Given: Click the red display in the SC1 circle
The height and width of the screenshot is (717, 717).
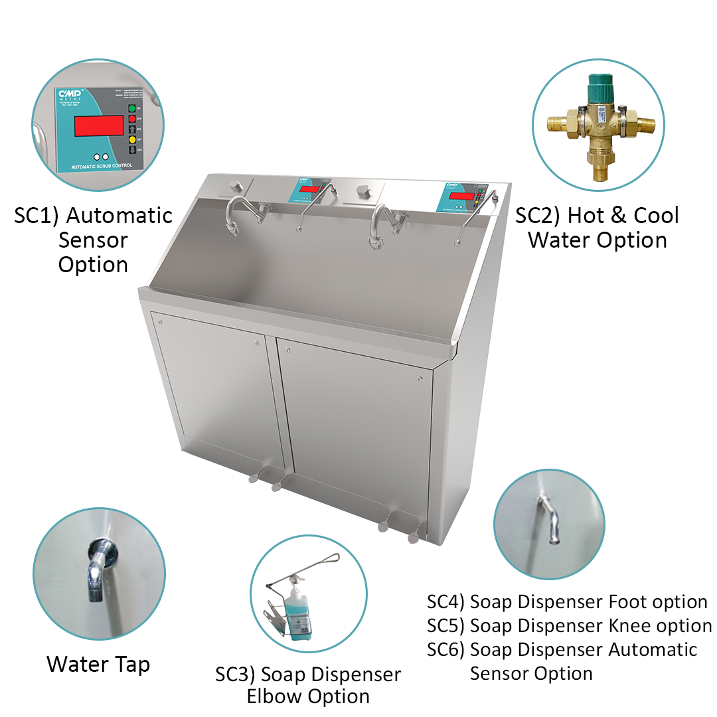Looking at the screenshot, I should [98, 125].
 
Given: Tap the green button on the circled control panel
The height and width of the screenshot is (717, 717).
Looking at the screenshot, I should [131, 108].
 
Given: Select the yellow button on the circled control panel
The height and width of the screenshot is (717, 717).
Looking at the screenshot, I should [131, 140].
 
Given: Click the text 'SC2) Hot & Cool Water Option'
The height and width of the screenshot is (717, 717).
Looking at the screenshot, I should [597, 227].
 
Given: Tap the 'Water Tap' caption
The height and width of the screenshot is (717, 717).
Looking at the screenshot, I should [98, 664].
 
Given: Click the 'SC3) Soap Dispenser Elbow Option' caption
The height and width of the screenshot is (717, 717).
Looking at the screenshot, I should [309, 685].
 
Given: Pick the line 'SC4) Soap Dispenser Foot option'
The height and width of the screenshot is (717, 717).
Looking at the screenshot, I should [568, 602].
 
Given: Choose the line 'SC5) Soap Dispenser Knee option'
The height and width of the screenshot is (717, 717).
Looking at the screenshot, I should [570, 626].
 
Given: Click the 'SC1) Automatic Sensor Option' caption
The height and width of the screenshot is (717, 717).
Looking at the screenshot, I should [93, 240].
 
